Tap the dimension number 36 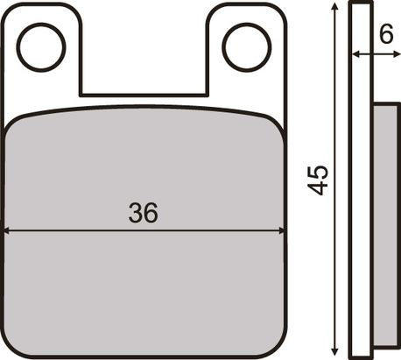tap(143, 213)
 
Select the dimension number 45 tap(318, 180)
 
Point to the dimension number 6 tap(386, 34)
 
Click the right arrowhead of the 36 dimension tap(282, 231)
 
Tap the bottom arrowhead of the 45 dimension tap(335, 350)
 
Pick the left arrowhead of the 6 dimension tap(356, 53)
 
